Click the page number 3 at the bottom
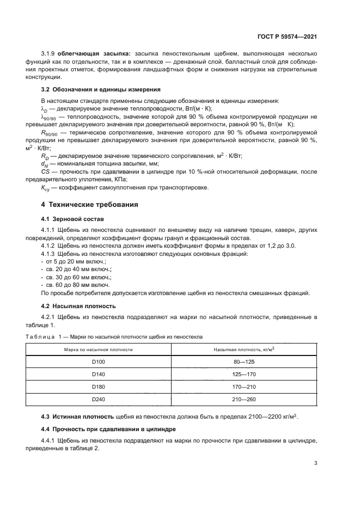click(x=315, y=463)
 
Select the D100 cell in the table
click(x=99, y=361)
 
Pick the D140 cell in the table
click(x=99, y=374)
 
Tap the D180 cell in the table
click(x=99, y=387)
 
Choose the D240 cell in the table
click(x=99, y=399)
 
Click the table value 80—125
click(x=244, y=361)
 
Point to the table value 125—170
click(x=244, y=374)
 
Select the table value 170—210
click(x=244, y=387)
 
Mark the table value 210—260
click(x=244, y=399)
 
